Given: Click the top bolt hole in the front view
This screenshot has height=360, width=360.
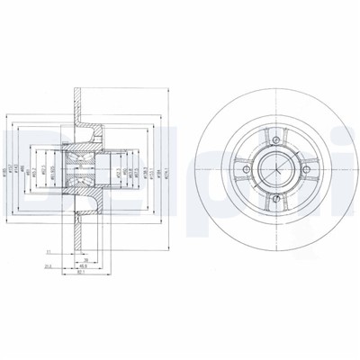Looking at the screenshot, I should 272,137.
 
